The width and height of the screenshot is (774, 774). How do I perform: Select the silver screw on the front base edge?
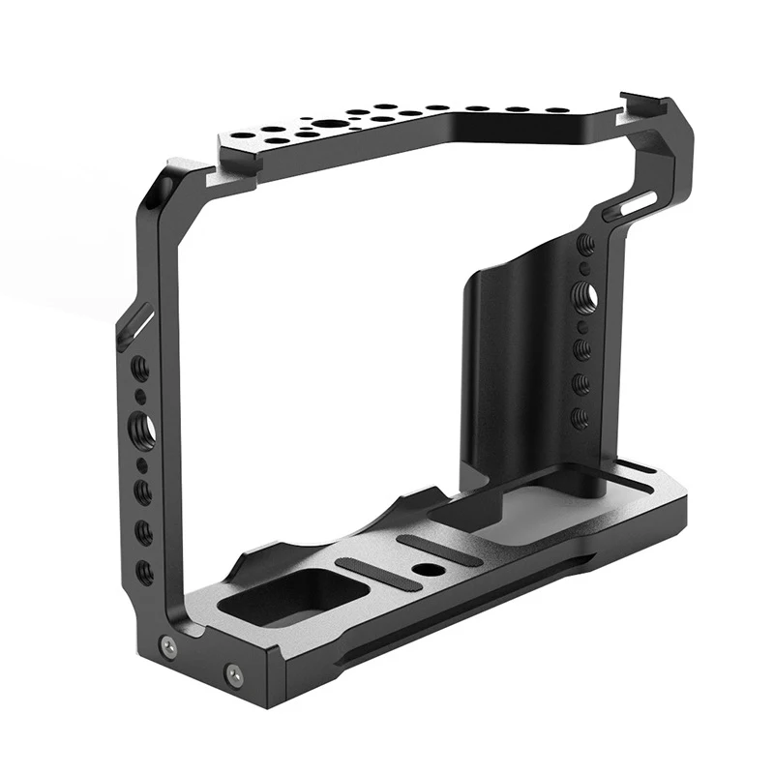click(232, 670)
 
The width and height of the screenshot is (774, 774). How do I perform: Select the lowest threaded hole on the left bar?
click(145, 572)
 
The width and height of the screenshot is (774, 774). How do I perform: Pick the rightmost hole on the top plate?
click(559, 109)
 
